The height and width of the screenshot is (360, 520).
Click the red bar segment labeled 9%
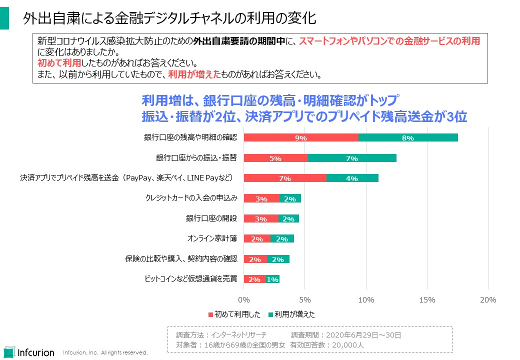pos(301,138)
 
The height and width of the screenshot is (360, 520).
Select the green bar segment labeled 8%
pos(408,138)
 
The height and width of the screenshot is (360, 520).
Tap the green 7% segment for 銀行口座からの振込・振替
pos(352,158)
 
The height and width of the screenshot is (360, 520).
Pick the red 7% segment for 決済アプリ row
pos(285,178)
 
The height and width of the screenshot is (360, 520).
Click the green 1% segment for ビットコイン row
pos(272,279)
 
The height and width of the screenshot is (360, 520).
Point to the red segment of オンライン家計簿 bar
pos(257,238)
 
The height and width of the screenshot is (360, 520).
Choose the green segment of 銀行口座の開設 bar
pos(288,218)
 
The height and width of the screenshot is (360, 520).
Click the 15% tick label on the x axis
pos(427,300)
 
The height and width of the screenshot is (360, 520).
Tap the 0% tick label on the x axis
pos(243,300)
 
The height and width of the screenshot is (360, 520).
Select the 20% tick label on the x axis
pos(488,300)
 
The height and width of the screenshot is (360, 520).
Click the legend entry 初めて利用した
pos(234,314)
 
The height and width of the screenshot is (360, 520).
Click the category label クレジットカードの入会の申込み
pos(190,198)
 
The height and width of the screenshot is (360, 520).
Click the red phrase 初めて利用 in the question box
pos(59,63)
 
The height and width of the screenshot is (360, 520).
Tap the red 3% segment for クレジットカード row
pos(261,198)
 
